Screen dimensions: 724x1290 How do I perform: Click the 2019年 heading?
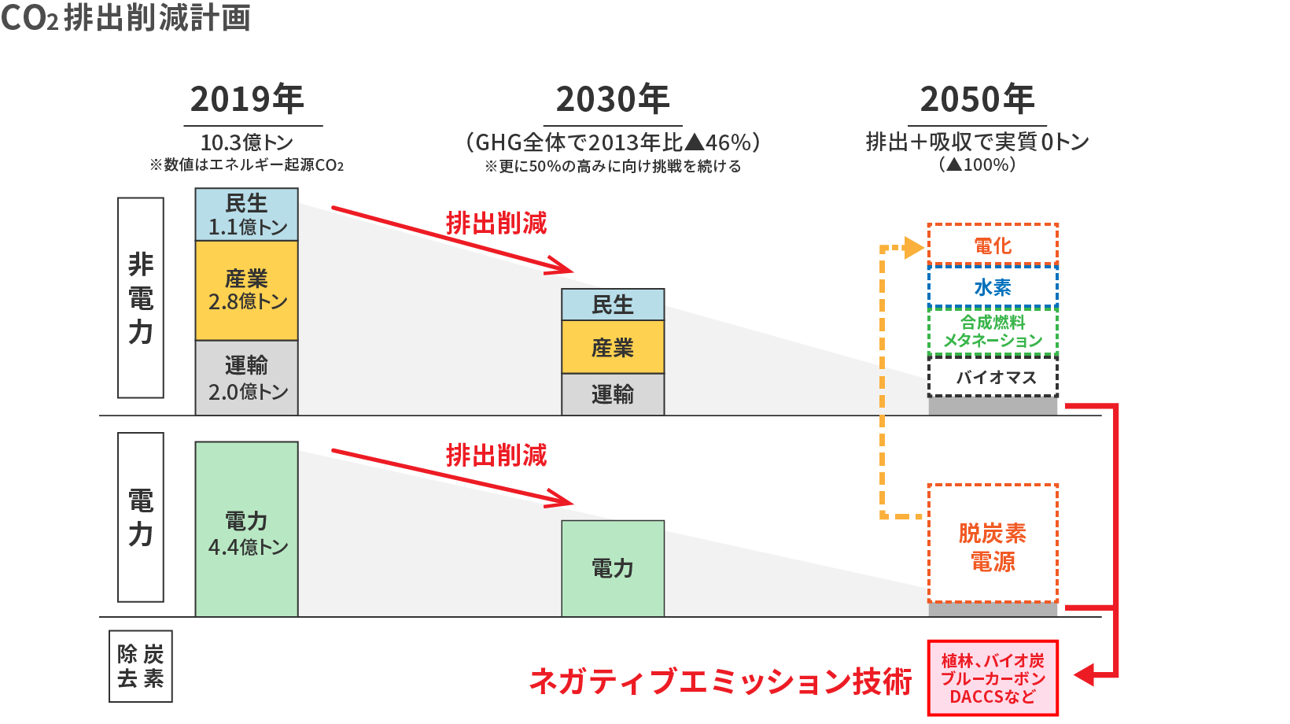[x=247, y=100]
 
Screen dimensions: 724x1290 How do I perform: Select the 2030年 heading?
[x=613, y=100]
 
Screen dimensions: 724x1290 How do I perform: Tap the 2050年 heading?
[x=978, y=100]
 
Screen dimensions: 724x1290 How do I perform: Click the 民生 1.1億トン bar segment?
[x=247, y=215]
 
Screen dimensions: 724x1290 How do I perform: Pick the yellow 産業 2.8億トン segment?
[x=247, y=290]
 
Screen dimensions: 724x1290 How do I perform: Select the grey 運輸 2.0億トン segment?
[x=247, y=379]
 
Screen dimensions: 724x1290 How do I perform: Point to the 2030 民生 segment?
[x=613, y=305]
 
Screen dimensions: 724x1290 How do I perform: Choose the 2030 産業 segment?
[x=613, y=347]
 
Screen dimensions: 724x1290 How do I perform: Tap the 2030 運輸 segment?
[x=613, y=394]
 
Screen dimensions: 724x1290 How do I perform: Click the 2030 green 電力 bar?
[x=613, y=568]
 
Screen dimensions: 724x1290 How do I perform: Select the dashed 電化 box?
[x=993, y=245]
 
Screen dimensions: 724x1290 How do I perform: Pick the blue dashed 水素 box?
[x=993, y=287]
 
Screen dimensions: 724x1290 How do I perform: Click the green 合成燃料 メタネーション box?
[x=993, y=331]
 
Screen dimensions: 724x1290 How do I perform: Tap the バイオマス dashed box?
[x=993, y=378]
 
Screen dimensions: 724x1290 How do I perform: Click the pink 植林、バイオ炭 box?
[x=993, y=678]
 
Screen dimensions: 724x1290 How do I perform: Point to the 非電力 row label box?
[x=141, y=297]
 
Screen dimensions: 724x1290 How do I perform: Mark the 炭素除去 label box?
[x=141, y=666]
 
